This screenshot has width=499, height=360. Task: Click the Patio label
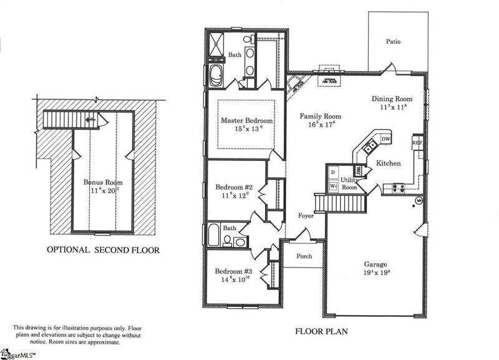pyautogui.click(x=393, y=42)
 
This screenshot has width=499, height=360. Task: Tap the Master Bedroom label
pyautogui.click(x=246, y=120)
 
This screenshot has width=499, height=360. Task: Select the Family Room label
pyautogui.click(x=320, y=116)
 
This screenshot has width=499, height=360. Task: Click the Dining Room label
pyautogui.click(x=392, y=99)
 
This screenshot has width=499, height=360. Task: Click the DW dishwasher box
pyautogui.click(x=385, y=139)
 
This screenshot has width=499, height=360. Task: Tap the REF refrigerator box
pyautogui.click(x=418, y=143)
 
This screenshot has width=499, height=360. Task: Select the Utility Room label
pyautogui.click(x=349, y=183)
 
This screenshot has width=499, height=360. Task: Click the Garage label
pyautogui.click(x=375, y=264)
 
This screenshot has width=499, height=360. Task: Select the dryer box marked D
pyautogui.click(x=333, y=172)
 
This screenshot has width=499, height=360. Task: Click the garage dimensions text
pyautogui.click(x=375, y=273)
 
